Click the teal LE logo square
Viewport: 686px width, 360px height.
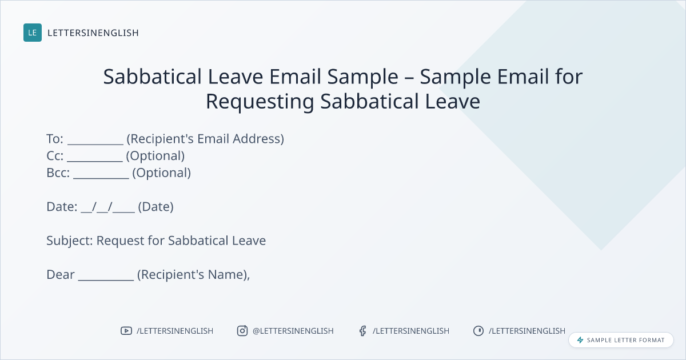coord(33,33)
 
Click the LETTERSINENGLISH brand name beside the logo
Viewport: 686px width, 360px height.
coord(93,33)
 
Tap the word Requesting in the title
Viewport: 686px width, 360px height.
coord(260,102)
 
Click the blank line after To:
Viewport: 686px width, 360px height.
coord(95,144)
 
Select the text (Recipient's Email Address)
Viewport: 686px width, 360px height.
coord(205,139)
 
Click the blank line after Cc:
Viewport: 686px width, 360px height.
coord(95,161)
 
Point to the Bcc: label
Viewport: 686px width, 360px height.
coord(58,173)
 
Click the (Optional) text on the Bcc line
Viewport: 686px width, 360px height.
coord(161,173)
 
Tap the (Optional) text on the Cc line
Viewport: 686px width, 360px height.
coord(155,156)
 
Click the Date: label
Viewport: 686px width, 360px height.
coord(62,207)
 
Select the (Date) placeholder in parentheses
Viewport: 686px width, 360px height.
coord(155,207)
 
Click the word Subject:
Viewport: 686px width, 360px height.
coord(70,241)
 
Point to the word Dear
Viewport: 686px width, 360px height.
coord(61,275)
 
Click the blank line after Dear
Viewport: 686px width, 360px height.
coord(106,280)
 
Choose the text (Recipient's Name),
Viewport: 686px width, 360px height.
coord(193,275)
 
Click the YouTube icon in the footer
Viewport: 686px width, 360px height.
coord(126,331)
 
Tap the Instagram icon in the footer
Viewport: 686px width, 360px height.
coord(242,331)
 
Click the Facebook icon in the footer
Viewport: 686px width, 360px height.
coord(362,331)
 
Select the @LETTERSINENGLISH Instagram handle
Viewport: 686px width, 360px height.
coord(293,331)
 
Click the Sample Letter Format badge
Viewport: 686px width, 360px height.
coord(621,340)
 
